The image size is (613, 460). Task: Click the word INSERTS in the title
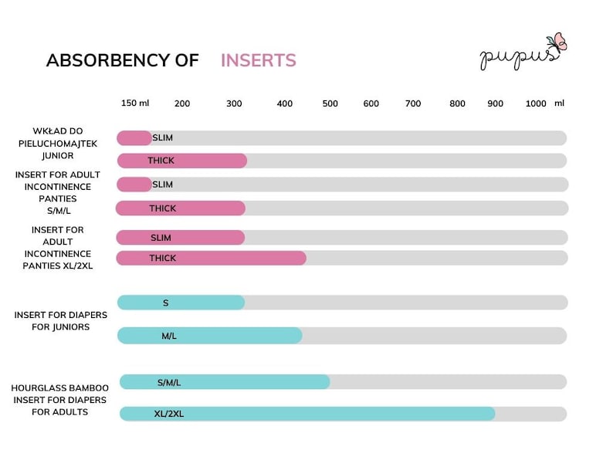coord(259,60)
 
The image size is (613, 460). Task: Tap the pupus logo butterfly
coord(558,42)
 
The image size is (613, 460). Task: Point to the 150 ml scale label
coord(135,103)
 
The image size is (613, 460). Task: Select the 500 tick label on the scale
coord(330,103)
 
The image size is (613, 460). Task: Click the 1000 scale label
coord(536,103)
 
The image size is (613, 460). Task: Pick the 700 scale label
coord(413,103)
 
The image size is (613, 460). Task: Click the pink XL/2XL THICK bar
coord(211,258)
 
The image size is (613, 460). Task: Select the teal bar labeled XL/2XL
coord(307,414)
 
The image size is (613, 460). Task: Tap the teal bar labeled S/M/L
coord(225,382)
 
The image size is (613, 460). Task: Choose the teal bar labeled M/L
coord(209,336)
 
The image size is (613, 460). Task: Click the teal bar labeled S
coord(181,303)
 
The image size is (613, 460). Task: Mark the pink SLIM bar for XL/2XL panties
coord(181,238)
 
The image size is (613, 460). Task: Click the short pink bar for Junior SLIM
coord(134,138)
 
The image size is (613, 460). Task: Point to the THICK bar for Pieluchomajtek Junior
coord(182,161)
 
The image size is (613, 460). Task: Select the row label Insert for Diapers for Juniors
coord(60,321)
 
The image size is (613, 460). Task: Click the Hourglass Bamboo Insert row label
coord(59,400)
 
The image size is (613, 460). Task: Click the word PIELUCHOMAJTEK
coord(58,144)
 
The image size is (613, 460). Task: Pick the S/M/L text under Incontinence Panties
coord(59,211)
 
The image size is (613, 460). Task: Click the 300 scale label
coord(234,103)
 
